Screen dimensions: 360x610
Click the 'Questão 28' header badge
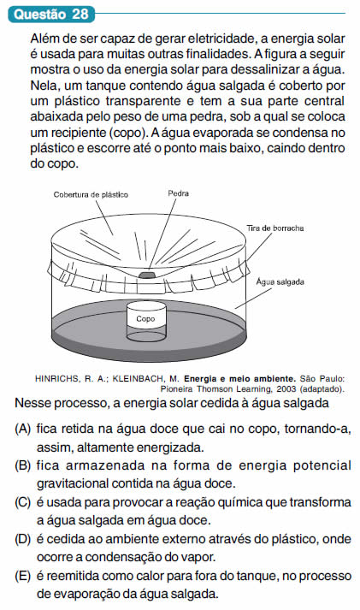pyautogui.click(x=51, y=15)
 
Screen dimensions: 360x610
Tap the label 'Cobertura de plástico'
pyautogui.click(x=91, y=194)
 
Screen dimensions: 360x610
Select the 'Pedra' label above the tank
pyautogui.click(x=178, y=193)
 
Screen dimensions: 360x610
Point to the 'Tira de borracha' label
pyautogui.click(x=274, y=228)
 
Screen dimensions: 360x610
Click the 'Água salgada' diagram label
pyautogui.click(x=280, y=281)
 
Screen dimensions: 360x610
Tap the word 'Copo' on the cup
pyautogui.click(x=145, y=319)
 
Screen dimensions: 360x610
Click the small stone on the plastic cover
pyautogui.click(x=147, y=275)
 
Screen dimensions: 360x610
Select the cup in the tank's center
pyautogui.click(x=146, y=323)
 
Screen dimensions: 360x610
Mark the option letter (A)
pyautogui.click(x=22, y=429)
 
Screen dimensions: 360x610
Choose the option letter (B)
pyautogui.click(x=22, y=465)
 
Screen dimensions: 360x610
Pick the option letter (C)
pyautogui.click(x=22, y=502)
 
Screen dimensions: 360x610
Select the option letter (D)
pyautogui.click(x=22, y=539)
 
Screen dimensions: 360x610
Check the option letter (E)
pyautogui.click(x=22, y=576)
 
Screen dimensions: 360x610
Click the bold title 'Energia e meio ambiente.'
pyautogui.click(x=240, y=378)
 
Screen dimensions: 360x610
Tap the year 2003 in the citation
pyautogui.click(x=285, y=388)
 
